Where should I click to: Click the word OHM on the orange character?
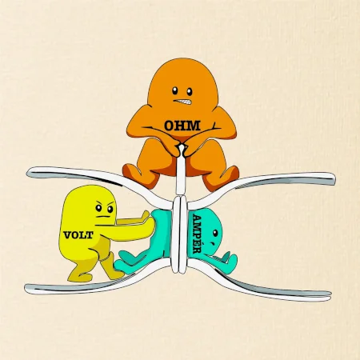click(x=182, y=126)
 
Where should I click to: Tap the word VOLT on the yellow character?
click(x=78, y=235)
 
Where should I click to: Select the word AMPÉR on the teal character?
click(x=197, y=234)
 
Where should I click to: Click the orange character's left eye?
click(x=174, y=90)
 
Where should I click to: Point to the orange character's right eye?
click(x=190, y=92)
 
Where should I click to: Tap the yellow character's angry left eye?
click(x=98, y=207)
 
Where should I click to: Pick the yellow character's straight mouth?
click(x=103, y=217)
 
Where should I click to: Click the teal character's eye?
click(x=215, y=234)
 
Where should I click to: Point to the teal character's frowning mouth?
click(x=212, y=244)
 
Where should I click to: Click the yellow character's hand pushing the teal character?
click(x=146, y=217)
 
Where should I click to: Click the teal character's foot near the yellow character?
click(x=125, y=263)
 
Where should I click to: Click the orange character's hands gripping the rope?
click(x=182, y=150)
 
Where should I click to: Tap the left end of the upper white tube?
click(x=29, y=173)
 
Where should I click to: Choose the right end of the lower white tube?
click(x=330, y=295)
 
